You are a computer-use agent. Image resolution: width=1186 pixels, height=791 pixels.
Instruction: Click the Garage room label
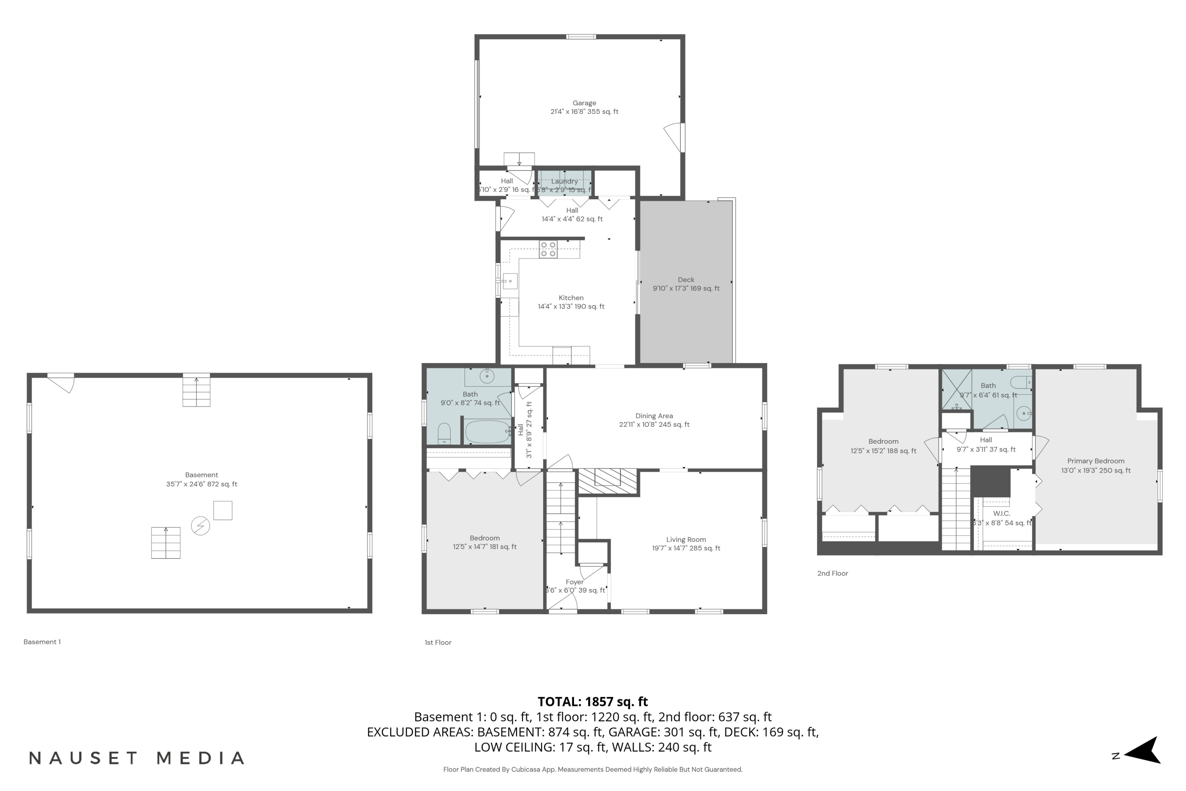point(584,103)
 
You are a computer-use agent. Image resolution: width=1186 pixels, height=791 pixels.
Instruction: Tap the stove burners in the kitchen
point(548,249)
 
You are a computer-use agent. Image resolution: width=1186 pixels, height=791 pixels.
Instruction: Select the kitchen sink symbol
point(510,281)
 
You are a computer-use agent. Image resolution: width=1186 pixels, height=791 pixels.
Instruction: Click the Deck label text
point(686,280)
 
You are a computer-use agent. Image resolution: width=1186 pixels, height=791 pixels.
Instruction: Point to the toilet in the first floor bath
point(444,433)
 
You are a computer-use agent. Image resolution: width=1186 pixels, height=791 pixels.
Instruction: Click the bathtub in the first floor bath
point(487,431)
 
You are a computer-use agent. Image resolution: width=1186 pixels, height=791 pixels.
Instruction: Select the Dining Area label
point(654,416)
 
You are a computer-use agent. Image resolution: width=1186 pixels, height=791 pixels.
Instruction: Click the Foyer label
point(574,582)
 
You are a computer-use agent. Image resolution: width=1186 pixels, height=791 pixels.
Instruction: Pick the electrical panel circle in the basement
point(200,526)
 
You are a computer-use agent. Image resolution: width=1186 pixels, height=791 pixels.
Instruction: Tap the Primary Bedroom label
point(1095,461)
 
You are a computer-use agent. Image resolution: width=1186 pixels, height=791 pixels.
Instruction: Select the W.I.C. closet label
point(1001,513)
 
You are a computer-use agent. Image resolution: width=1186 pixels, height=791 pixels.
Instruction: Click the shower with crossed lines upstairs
point(957,390)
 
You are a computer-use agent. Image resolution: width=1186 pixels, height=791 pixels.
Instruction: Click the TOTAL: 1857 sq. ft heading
point(593,701)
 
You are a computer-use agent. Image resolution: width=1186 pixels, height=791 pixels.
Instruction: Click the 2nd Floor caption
point(833,573)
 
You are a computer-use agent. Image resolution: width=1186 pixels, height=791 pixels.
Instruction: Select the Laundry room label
point(564,181)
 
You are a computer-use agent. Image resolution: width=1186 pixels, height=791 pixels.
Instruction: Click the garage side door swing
point(674,137)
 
